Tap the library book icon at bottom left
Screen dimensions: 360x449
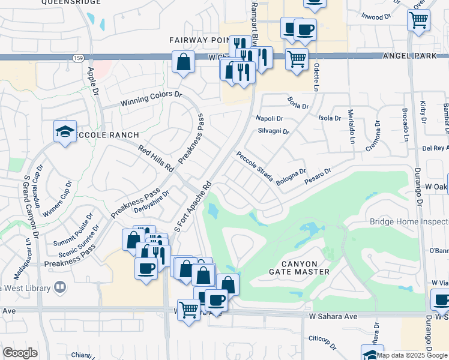[x=59, y=288]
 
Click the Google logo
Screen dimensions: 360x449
[x=20, y=353]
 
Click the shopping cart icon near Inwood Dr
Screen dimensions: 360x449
[x=418, y=19]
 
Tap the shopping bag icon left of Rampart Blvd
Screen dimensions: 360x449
[x=183, y=62]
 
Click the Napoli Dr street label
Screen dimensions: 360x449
[x=269, y=118]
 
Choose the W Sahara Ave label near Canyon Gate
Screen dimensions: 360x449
[x=333, y=316]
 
